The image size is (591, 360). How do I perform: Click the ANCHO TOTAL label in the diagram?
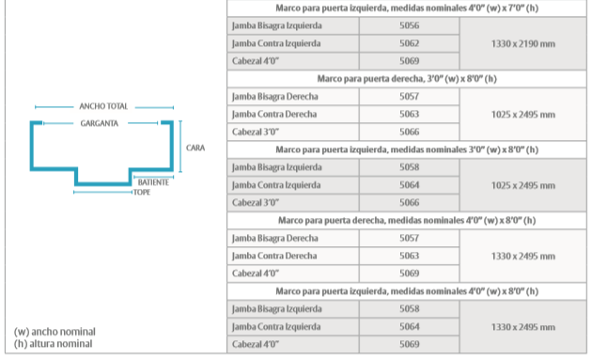pos(103,106)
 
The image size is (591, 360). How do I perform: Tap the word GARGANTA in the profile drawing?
pos(100,123)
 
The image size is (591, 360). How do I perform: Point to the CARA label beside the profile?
pos(195,148)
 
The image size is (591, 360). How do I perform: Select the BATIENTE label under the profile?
pos(153,182)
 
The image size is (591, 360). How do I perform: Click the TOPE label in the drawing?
pos(142,193)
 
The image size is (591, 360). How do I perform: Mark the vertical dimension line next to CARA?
pos(180,147)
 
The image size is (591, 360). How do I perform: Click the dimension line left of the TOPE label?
pos(103,193)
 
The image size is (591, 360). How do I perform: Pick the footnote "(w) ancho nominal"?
pos(54,332)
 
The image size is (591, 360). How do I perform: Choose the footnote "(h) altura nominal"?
pos(54,344)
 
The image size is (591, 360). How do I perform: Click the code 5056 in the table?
pos(410,25)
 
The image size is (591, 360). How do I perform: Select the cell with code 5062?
pos(410,43)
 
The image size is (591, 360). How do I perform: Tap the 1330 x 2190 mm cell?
pos(523,44)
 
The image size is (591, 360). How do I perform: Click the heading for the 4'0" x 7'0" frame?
pos(407,8)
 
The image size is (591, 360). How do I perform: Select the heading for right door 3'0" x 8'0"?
pos(407,79)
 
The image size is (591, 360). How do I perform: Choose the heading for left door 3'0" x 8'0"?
pos(407,149)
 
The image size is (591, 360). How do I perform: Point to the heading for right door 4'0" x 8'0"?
pos(407,220)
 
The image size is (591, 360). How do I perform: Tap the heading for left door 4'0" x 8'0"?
pos(407,291)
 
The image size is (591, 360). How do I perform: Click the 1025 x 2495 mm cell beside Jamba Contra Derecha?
pos(523,115)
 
